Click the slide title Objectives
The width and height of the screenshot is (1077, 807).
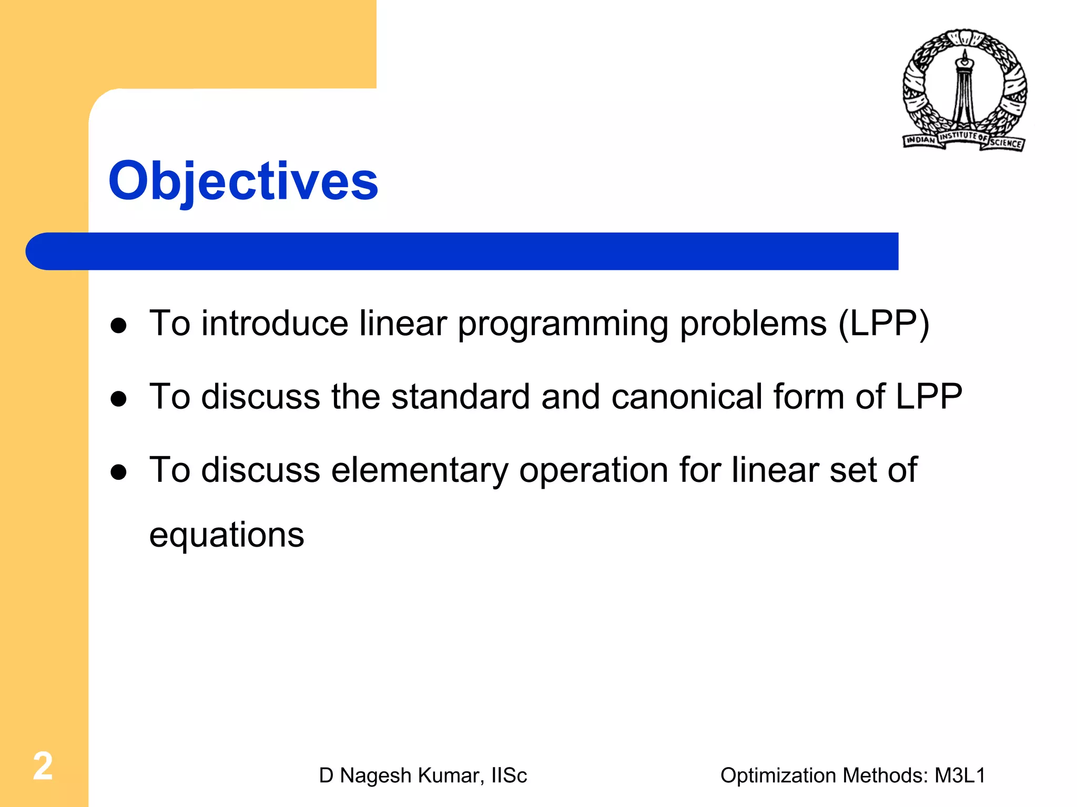coord(243,181)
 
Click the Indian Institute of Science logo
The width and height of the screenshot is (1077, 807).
coord(964,89)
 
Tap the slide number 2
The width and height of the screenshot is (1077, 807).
coord(43,766)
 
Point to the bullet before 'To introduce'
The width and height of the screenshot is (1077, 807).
coord(119,326)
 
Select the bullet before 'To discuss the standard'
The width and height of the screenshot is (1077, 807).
coord(119,399)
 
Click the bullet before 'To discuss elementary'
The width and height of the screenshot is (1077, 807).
coord(119,472)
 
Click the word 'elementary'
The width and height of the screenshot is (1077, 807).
coord(419,470)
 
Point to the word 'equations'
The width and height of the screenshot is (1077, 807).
coord(227,536)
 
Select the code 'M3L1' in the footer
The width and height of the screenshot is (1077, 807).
coord(960,775)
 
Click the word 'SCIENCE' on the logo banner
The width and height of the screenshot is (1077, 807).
coord(1005,143)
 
